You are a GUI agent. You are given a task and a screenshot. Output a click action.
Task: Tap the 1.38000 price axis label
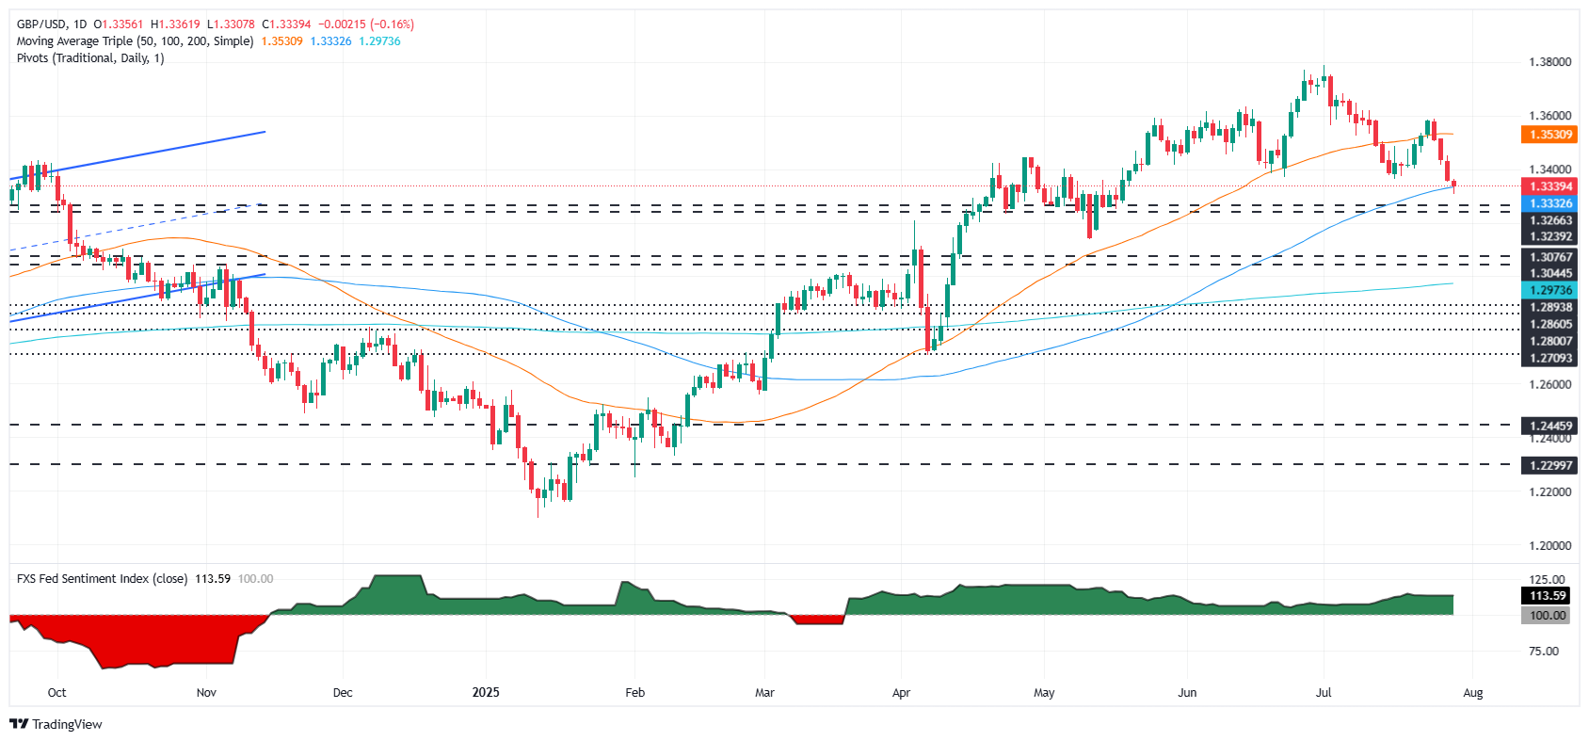pyautogui.click(x=1549, y=62)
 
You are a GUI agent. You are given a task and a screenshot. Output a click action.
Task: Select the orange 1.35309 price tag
pyautogui.click(x=1549, y=135)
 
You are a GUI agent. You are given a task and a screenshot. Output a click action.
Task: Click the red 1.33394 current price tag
pyautogui.click(x=1549, y=186)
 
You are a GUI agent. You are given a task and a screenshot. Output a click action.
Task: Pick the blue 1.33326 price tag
pyautogui.click(x=1549, y=203)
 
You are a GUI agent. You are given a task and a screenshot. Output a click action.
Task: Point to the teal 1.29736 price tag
pyautogui.click(x=1549, y=291)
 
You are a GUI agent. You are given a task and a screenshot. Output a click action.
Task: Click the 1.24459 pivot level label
pyautogui.click(x=1549, y=426)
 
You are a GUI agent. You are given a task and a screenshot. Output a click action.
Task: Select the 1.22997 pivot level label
pyautogui.click(x=1549, y=465)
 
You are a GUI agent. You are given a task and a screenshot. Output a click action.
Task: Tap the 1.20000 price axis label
pyautogui.click(x=1549, y=545)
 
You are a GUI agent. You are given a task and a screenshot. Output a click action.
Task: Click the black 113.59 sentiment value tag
pyautogui.click(x=1548, y=596)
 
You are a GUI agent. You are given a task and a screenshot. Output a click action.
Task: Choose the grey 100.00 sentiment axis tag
pyautogui.click(x=1548, y=615)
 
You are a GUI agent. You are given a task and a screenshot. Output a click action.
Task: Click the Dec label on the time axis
pyautogui.click(x=343, y=693)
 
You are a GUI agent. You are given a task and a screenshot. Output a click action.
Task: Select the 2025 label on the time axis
pyautogui.click(x=486, y=693)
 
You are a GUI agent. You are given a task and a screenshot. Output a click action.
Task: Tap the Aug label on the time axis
pyautogui.click(x=1473, y=693)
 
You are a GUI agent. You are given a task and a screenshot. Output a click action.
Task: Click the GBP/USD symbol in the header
pyautogui.click(x=40, y=24)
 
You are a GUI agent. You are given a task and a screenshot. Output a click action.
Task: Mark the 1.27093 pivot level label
pyautogui.click(x=1549, y=358)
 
